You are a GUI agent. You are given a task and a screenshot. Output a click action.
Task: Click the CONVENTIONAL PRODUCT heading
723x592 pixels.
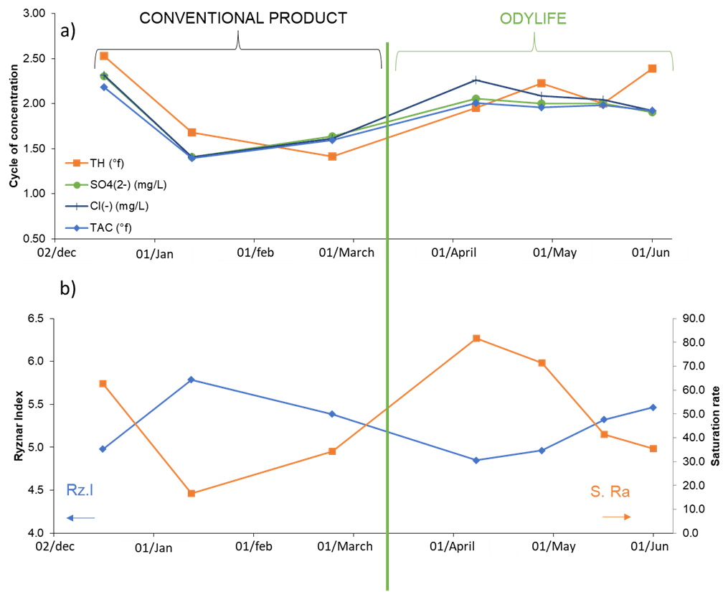click(x=242, y=18)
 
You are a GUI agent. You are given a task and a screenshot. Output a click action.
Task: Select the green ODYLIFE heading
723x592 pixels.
click(x=532, y=18)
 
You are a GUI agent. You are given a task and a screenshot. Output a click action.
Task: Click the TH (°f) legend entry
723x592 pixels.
click(x=99, y=164)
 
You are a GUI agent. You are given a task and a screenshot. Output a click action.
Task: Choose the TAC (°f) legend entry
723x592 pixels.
click(x=101, y=227)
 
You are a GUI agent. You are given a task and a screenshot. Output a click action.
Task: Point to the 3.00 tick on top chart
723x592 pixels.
click(x=33, y=14)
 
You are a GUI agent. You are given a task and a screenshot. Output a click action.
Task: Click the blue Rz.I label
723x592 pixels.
click(x=80, y=490)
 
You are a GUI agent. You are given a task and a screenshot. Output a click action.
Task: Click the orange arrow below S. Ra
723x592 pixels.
click(x=616, y=517)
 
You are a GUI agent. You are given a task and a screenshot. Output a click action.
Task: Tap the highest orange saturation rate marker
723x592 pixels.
click(x=476, y=338)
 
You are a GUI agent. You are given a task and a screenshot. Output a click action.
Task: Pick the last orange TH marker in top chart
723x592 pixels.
click(x=652, y=69)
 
